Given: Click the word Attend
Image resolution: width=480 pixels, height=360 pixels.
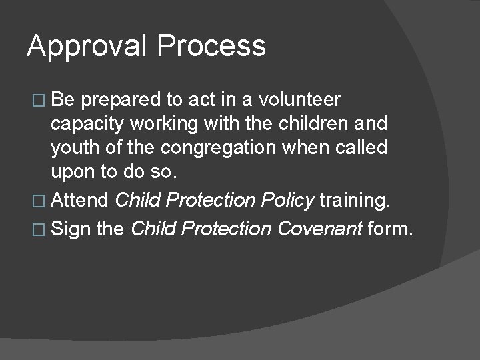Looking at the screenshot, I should click(x=80, y=199).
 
